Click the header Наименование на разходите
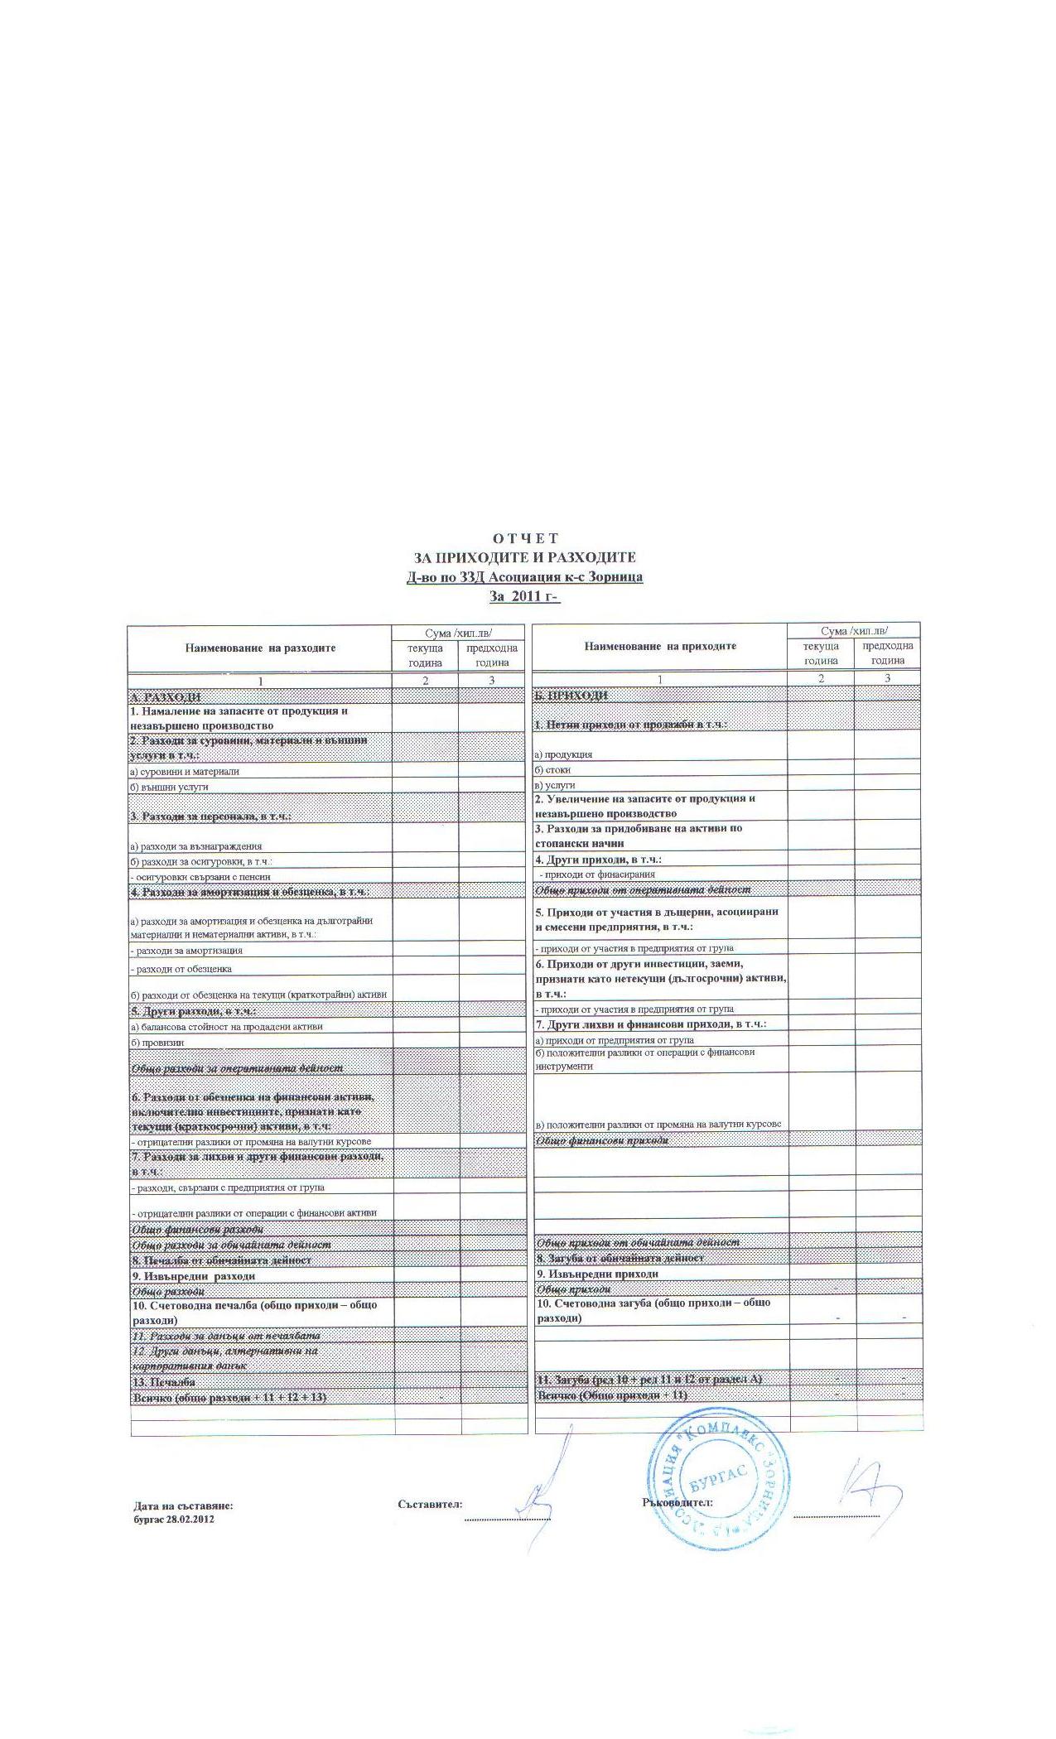[x=260, y=648]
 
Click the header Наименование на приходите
[x=660, y=646]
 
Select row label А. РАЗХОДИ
[x=166, y=697]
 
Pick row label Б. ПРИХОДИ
[x=571, y=696]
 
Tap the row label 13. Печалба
[x=163, y=1382]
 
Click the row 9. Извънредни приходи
[x=597, y=1274]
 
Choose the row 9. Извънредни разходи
[x=193, y=1276]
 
